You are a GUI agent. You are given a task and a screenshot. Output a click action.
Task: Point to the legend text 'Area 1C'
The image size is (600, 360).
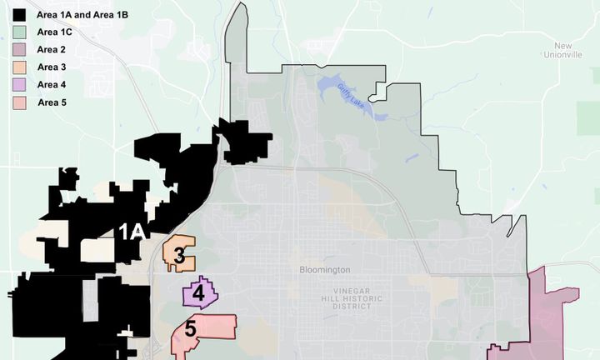point(55,32)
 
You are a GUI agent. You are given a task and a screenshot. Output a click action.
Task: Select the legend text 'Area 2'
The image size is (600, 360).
point(52,50)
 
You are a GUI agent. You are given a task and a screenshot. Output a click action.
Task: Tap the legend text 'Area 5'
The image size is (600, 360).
point(52,102)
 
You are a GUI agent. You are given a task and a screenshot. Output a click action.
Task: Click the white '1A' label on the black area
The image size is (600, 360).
point(132,232)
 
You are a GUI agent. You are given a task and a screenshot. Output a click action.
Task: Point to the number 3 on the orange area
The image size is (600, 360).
point(179,256)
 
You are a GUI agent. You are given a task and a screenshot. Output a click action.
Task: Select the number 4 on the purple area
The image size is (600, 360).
point(198,292)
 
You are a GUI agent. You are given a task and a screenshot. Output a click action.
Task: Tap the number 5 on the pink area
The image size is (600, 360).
point(190,329)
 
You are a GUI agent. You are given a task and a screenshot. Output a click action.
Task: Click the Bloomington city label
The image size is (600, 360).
point(325,270)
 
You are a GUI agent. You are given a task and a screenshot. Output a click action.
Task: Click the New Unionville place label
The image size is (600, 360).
point(563,50)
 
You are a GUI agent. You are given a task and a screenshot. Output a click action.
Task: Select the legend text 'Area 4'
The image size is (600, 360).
point(52,85)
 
